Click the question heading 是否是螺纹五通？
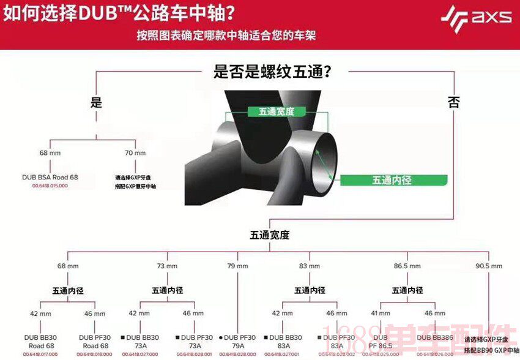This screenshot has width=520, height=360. [272, 72]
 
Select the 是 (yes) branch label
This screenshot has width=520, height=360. [96, 103]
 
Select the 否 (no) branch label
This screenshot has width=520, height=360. [453, 103]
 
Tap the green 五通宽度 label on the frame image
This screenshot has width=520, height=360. [277, 111]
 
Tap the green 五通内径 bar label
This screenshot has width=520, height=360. [392, 180]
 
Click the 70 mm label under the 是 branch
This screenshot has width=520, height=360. [135, 153]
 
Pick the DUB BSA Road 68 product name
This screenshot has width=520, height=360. [50, 177]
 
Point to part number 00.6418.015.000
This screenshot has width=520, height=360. [50, 185]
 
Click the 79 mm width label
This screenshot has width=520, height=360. [237, 266]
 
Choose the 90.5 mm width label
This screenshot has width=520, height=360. [489, 266]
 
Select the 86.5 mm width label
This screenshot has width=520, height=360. [407, 266]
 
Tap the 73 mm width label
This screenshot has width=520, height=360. [167, 266]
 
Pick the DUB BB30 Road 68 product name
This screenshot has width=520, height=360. [40, 341]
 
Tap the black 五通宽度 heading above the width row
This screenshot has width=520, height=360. [269, 234]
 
